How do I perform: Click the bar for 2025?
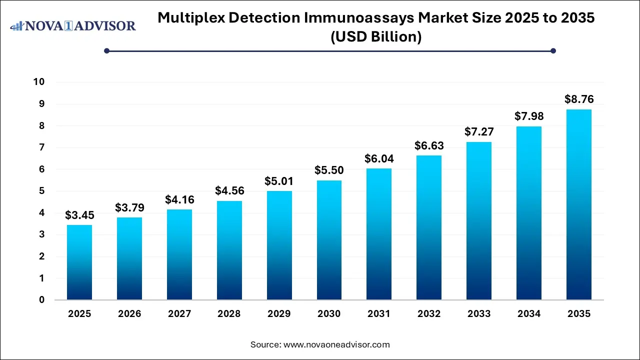point(79,262)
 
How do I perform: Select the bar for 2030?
point(329,240)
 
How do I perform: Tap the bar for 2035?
point(578,204)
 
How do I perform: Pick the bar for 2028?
point(229,250)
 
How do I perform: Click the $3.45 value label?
point(79,215)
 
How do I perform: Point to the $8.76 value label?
point(578,99)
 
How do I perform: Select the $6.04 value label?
point(379,159)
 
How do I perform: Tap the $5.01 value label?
point(279,181)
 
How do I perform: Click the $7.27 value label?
point(479,132)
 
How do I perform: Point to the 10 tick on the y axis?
point(39,82)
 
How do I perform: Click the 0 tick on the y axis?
point(42,300)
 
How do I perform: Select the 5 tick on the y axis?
point(42,191)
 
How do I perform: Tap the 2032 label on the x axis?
point(429,314)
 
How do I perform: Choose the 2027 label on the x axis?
point(179,314)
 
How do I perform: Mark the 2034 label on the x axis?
point(529,314)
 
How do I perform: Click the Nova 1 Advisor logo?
point(73,25)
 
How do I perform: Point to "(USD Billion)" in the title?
point(376,37)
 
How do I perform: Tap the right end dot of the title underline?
point(553,50)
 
